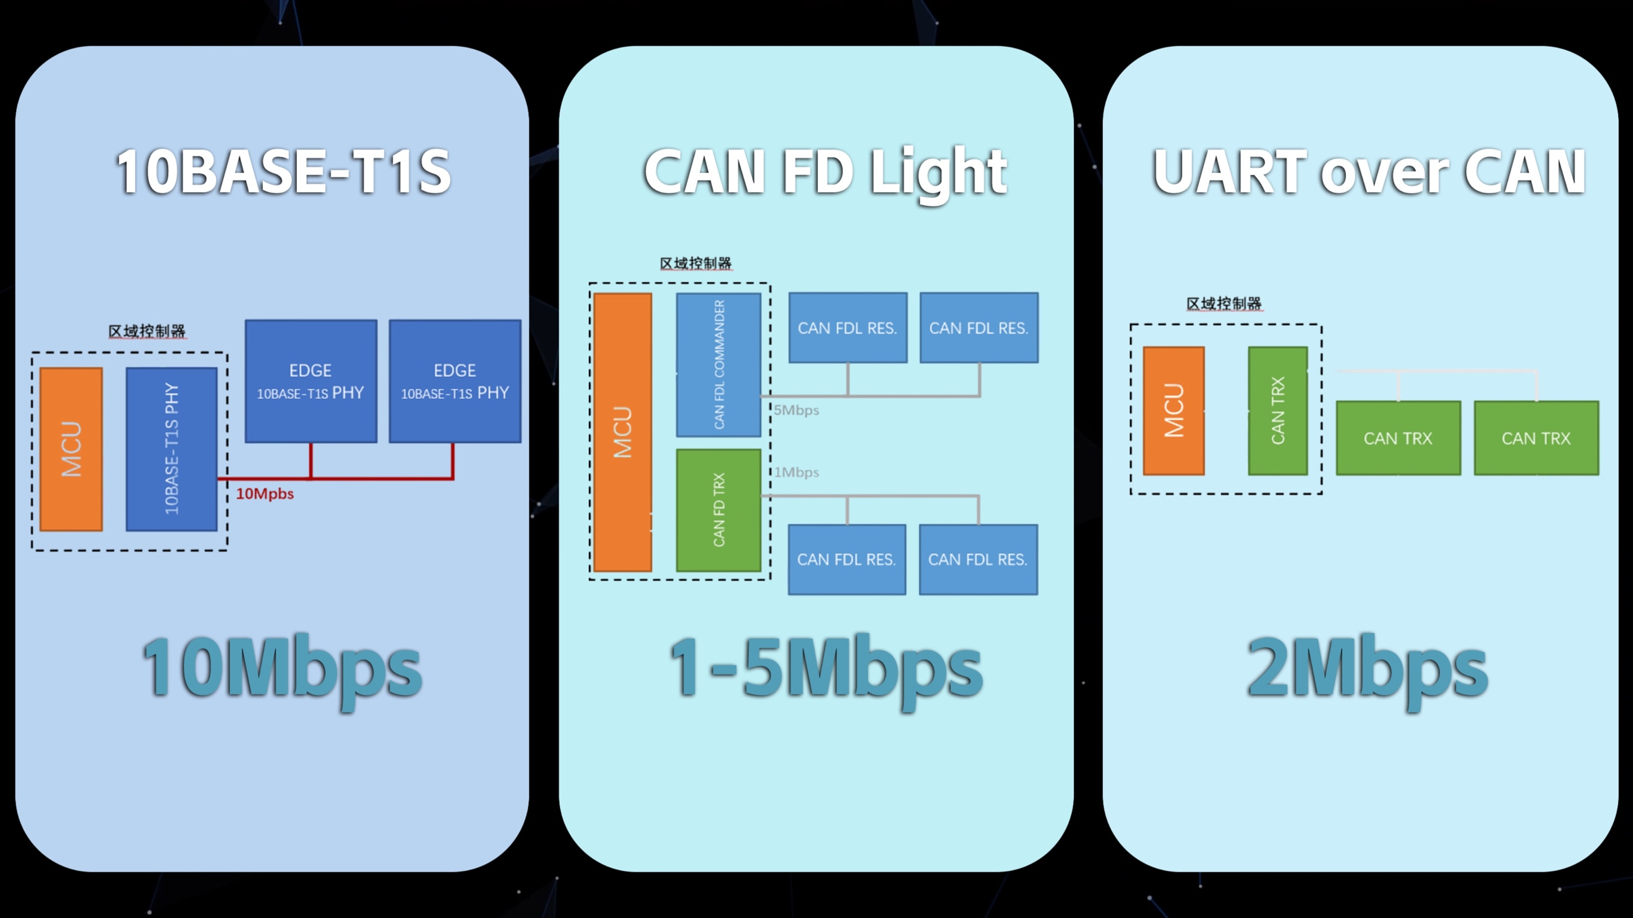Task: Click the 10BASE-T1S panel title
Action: [x=283, y=171]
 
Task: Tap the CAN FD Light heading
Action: [x=825, y=172]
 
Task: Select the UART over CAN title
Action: [x=1369, y=171]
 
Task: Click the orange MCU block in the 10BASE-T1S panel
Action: [x=71, y=449]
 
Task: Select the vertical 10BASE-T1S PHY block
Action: [x=172, y=449]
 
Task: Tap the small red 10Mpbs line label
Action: [x=265, y=493]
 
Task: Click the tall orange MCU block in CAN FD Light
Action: [x=622, y=432]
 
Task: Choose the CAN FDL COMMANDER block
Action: [x=719, y=364]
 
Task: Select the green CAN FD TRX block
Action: [x=719, y=510]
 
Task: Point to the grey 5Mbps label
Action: [x=796, y=410]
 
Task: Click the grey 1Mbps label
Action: [x=796, y=473]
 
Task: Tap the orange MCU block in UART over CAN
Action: [x=1174, y=410]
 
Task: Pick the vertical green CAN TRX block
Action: [x=1278, y=410]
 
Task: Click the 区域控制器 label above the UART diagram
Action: [x=1224, y=304]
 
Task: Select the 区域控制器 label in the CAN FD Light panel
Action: [x=695, y=263]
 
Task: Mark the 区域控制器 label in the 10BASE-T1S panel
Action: [x=147, y=331]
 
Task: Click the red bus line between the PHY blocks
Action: [x=336, y=478]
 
